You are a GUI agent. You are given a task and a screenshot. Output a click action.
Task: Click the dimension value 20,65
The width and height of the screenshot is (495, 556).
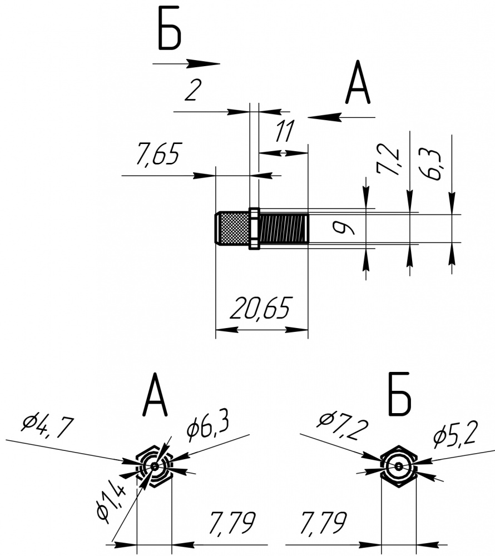[261, 309]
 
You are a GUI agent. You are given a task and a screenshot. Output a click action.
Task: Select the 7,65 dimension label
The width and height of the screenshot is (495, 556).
[159, 155]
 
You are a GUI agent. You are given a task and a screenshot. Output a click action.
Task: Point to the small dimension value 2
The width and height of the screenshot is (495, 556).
[192, 91]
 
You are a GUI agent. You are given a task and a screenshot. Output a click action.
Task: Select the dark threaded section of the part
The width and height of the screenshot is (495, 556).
[284, 229]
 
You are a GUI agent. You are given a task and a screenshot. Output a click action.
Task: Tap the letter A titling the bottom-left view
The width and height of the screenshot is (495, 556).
[155, 396]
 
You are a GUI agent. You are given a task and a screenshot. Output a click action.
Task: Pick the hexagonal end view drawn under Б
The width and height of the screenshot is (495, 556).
[399, 465]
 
